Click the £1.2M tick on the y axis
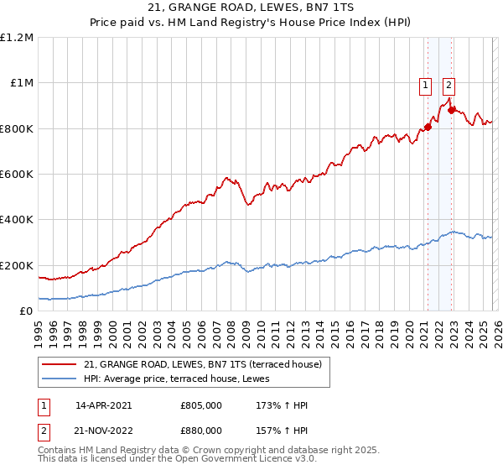(x=17, y=38)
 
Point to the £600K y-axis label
(x=17, y=175)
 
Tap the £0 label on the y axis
(x=26, y=311)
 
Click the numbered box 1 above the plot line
(x=425, y=84)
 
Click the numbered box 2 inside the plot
(x=449, y=84)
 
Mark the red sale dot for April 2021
(x=428, y=128)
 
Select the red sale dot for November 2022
(x=451, y=110)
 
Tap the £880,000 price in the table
(x=201, y=430)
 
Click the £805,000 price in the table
(x=201, y=405)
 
